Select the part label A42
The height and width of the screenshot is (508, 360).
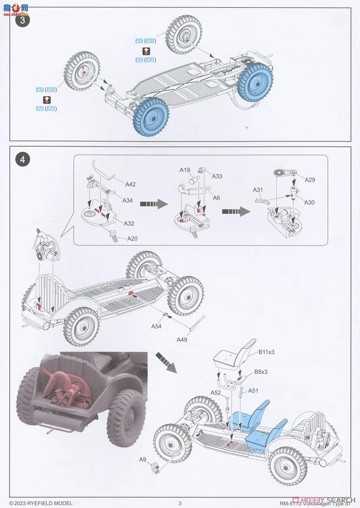[131, 184]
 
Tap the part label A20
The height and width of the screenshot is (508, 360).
[133, 239]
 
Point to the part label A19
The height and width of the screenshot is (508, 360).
[184, 170]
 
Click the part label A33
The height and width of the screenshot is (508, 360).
[217, 176]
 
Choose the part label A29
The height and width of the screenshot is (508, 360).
[310, 179]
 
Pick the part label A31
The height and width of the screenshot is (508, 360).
[258, 190]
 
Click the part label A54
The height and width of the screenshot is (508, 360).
[157, 326]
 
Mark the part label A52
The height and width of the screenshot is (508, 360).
[216, 392]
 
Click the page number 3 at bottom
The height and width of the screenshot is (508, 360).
[180, 503]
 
